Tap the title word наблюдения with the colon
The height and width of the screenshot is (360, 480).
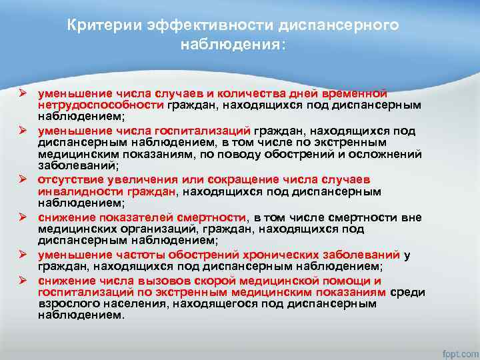click(232, 45)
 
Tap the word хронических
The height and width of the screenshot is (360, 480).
click(275, 254)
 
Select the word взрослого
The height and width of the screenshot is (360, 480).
click(66, 303)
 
